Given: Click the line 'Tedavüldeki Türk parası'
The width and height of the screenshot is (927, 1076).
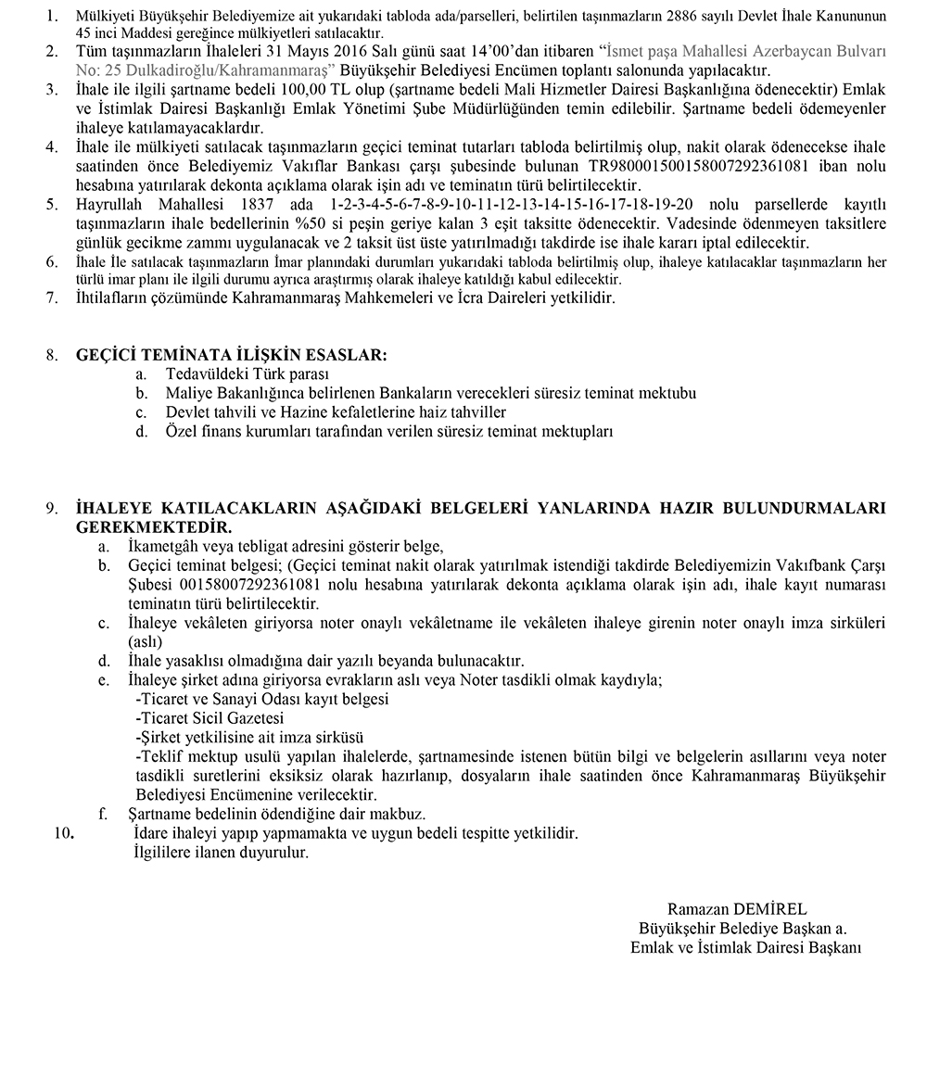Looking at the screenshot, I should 247,374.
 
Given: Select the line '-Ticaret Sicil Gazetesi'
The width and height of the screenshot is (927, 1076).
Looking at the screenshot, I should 210,718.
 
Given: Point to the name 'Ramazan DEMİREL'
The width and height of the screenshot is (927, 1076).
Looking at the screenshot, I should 737,909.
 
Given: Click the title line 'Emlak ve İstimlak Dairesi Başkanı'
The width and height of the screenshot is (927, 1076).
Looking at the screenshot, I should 746,947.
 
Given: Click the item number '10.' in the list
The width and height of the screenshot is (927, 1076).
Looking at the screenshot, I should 64,833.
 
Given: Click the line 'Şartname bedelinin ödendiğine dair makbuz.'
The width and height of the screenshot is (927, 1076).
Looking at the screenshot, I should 276,815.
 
